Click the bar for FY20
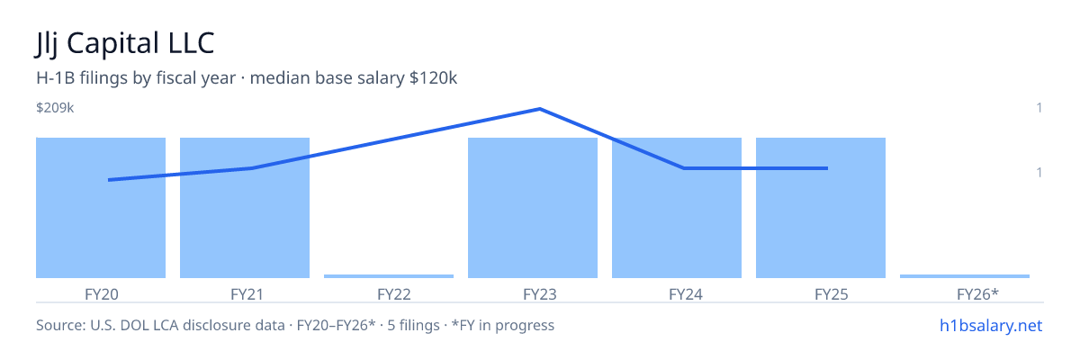pyautogui.click(x=101, y=208)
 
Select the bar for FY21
pyautogui.click(x=245, y=208)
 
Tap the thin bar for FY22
pyautogui.click(x=389, y=276)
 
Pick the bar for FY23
pyautogui.click(x=533, y=208)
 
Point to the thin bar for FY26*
pyautogui.click(x=965, y=276)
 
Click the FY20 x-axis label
pyautogui.click(x=101, y=294)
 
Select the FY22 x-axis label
pyautogui.click(x=394, y=294)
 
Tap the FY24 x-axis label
pyautogui.click(x=686, y=294)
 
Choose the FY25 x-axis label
pyautogui.click(x=832, y=294)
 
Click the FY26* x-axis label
pyautogui.click(x=977, y=294)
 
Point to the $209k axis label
pyautogui.click(x=55, y=108)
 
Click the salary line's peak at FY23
pyautogui.click(x=539, y=109)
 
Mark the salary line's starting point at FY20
pyautogui.click(x=109, y=180)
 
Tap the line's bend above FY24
pyautogui.click(x=684, y=168)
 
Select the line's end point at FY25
pyautogui.click(x=827, y=168)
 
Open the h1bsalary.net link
pyautogui.click(x=991, y=326)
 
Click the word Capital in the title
pyautogui.click(x=113, y=43)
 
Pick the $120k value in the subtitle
pyautogui.click(x=433, y=78)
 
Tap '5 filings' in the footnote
pyautogui.click(x=414, y=325)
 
